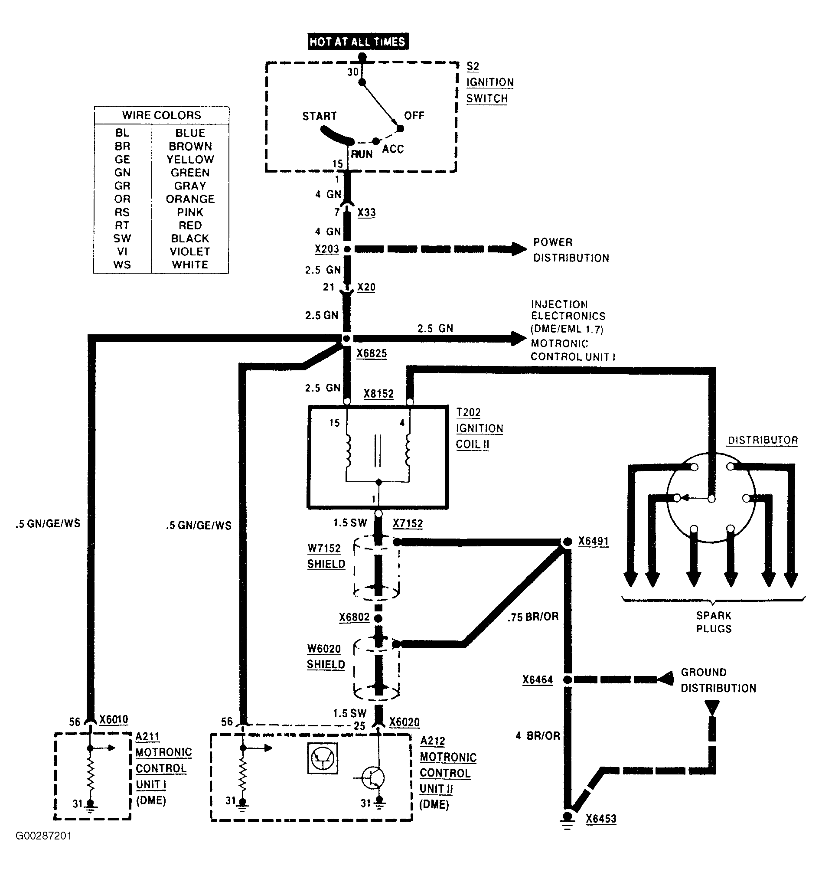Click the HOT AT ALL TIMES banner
click(358, 42)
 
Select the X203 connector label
click(327, 249)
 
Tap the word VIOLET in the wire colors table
click(190, 251)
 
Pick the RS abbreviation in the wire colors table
click(122, 212)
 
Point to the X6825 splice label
click(372, 353)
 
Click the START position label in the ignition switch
click(320, 116)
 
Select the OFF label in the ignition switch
click(414, 116)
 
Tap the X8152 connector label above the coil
click(378, 393)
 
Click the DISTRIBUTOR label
click(763, 440)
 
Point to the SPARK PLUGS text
click(714, 622)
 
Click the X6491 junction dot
click(567, 542)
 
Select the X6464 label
click(537, 680)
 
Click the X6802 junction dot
click(378, 618)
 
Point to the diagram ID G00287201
click(43, 836)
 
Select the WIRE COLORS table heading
click(161, 115)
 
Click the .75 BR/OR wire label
click(533, 617)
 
